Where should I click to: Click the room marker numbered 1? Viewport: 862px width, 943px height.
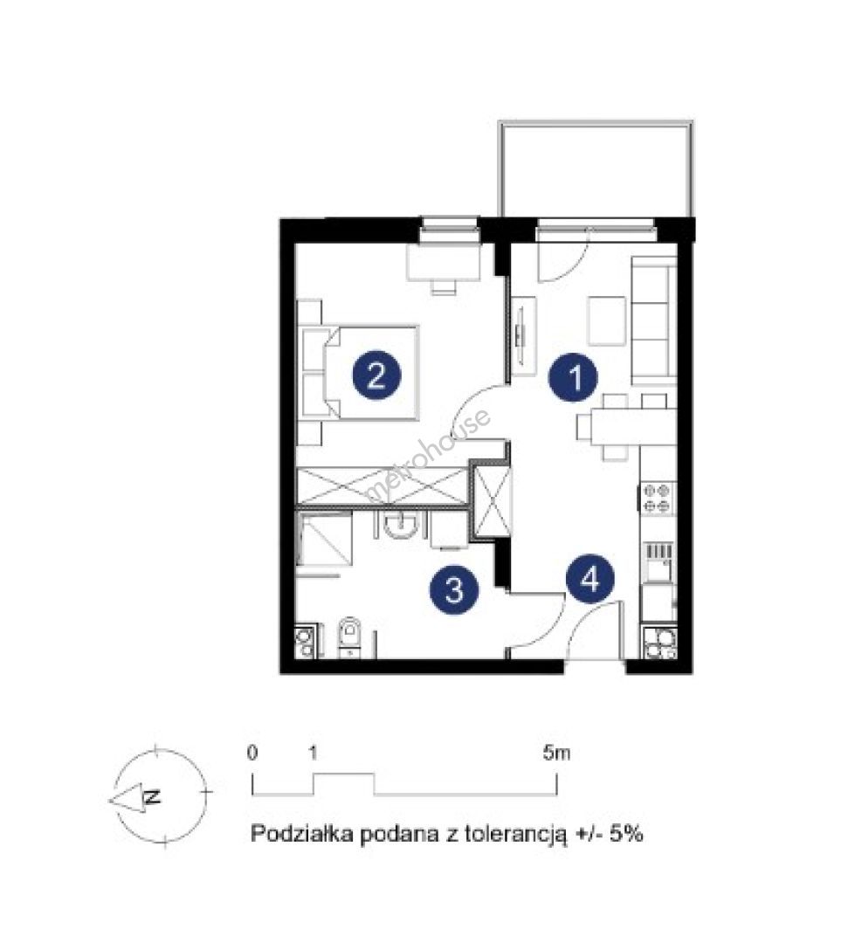point(573,377)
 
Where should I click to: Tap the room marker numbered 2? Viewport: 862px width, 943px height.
point(376,375)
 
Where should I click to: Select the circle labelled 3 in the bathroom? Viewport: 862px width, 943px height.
point(454,589)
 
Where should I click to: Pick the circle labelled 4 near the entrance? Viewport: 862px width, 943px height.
point(590,579)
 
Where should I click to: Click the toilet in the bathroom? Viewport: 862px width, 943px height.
point(348,637)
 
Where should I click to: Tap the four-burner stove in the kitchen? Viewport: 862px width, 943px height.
point(657,498)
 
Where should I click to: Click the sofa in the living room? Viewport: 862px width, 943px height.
point(653,320)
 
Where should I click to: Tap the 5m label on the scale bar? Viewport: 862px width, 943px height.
point(556,753)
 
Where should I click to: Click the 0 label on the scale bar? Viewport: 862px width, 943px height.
point(252,753)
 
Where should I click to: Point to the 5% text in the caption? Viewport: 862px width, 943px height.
point(626,834)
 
